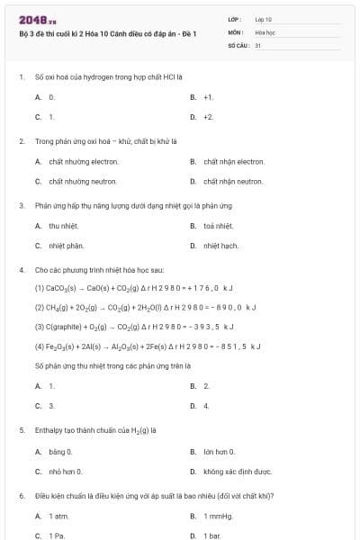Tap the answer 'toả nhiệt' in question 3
pos(218,225)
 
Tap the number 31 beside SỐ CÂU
pos(257,43)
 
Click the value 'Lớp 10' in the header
pos(264,19)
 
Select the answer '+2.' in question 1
pos(208,116)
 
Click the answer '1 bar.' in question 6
pos(212,535)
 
